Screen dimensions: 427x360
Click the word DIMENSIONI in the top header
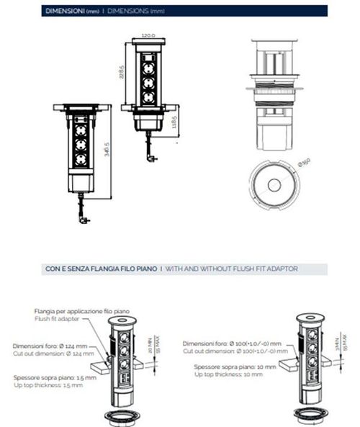[x=63, y=12]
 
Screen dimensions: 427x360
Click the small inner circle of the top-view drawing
[x=274, y=185]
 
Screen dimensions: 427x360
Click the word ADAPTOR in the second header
[x=282, y=269]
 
